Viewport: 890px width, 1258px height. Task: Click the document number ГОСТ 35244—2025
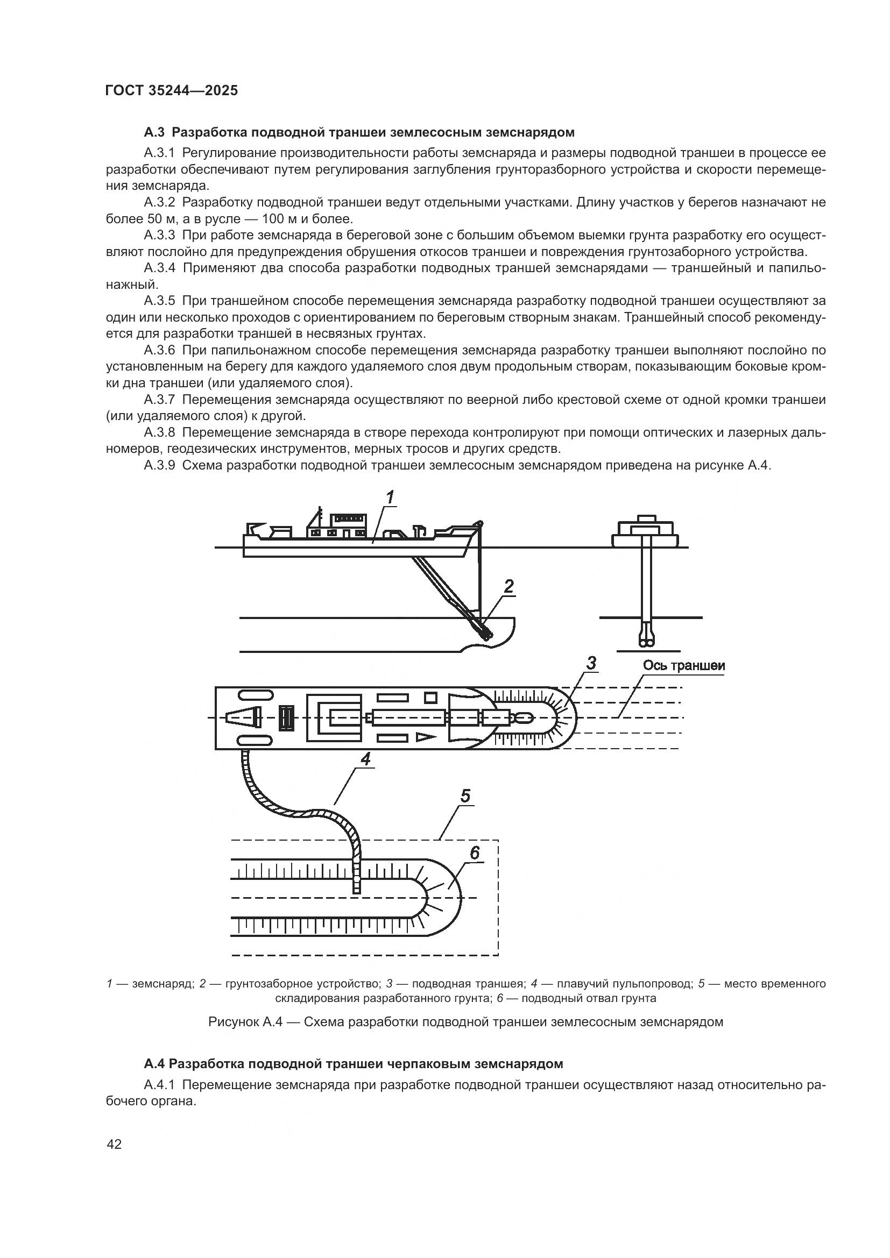pos(172,91)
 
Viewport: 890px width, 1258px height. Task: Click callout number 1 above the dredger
pos(390,498)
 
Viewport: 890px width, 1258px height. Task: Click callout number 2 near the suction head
pos(508,587)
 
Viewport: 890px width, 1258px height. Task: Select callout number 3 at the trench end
pos(591,664)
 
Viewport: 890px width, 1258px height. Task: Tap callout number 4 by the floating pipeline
pos(365,759)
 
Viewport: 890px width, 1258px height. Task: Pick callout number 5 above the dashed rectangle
pos(465,795)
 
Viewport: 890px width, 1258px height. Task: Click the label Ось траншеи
pos(683,666)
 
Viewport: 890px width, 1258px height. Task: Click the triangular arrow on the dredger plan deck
pos(424,737)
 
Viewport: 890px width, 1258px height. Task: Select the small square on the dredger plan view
pos(430,698)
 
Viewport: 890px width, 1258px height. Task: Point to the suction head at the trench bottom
pos(486,633)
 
